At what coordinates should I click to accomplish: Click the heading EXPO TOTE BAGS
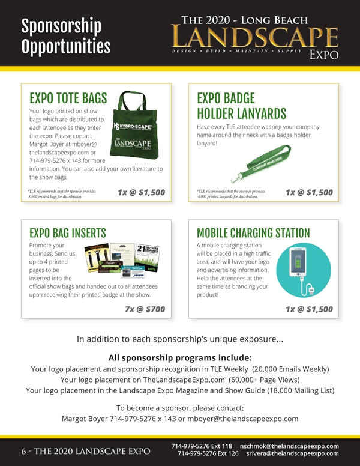[68, 98]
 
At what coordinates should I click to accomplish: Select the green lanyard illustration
[259, 164]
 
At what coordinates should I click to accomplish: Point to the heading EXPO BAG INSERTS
[68, 233]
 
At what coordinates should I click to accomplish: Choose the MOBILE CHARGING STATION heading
[253, 233]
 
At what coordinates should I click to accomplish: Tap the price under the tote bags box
[141, 192]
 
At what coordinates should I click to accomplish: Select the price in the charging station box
[309, 309]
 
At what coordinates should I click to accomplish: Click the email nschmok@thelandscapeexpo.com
[289, 446]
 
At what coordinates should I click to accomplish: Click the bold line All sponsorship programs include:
[180, 357]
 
